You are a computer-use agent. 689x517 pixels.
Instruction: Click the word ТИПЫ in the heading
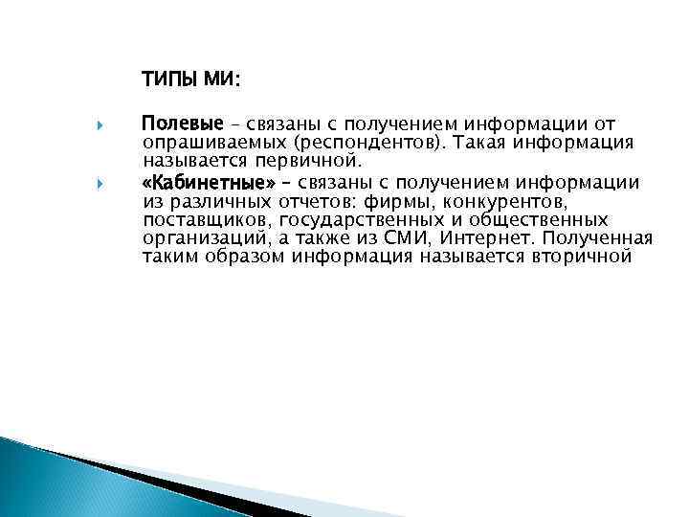click(169, 78)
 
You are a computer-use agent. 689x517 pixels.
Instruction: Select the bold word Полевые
click(182, 124)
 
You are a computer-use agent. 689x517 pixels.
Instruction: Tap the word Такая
click(483, 142)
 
